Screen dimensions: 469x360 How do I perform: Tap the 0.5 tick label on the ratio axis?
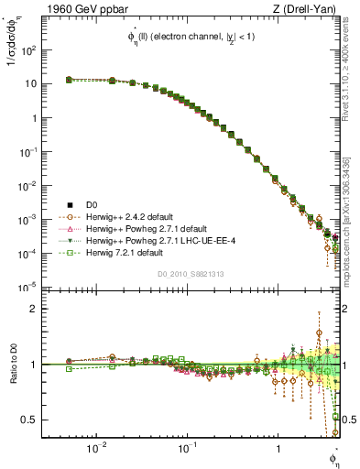point(30,420)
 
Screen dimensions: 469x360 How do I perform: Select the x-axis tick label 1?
point(278,449)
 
